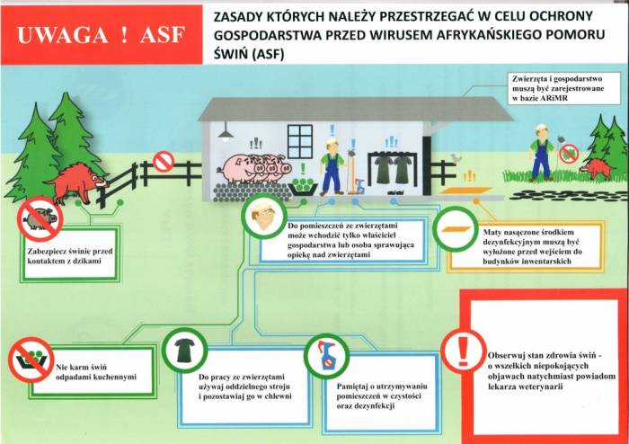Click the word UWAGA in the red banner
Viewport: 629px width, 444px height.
point(63,34)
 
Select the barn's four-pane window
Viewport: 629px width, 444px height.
point(299,141)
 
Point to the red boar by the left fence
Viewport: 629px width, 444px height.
point(78,182)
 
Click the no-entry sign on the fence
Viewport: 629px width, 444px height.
point(164,161)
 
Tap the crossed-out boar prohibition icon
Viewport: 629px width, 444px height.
point(40,219)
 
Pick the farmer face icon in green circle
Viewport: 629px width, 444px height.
point(264,217)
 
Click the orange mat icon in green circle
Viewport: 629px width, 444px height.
point(456,229)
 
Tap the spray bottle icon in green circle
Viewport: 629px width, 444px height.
point(326,356)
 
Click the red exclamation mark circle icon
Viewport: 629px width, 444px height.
point(464,351)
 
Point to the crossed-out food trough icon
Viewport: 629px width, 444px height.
point(31,359)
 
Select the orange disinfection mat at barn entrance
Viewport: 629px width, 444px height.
point(466,191)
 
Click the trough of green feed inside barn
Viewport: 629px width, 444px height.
point(303,186)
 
